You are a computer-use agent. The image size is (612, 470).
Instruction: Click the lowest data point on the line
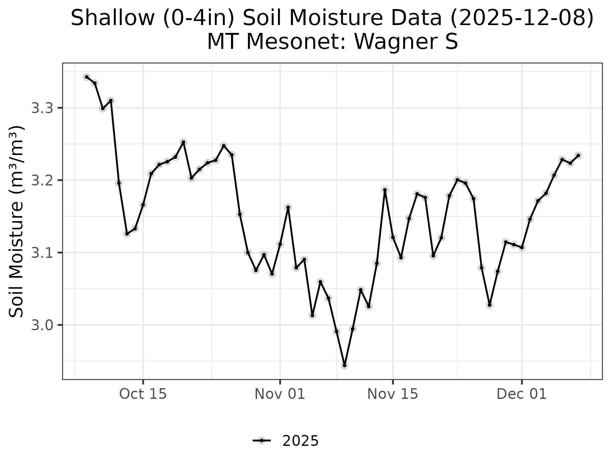pos(345,365)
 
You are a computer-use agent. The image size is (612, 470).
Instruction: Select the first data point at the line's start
pos(87,77)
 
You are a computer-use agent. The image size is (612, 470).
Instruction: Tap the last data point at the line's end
pos(578,156)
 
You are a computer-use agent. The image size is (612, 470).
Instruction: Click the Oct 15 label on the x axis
pos(143,394)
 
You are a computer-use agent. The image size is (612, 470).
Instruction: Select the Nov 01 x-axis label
pos(280,394)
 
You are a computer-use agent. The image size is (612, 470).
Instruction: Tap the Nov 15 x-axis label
pos(393,394)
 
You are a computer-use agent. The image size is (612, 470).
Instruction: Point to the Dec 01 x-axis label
pos(522,394)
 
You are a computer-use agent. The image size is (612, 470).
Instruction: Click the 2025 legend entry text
pos(300,441)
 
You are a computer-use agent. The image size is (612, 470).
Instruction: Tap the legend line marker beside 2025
pos(261,441)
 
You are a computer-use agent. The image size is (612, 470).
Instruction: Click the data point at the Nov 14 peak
pos(385,190)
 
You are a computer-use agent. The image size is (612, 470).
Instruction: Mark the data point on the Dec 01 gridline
pos(522,248)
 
